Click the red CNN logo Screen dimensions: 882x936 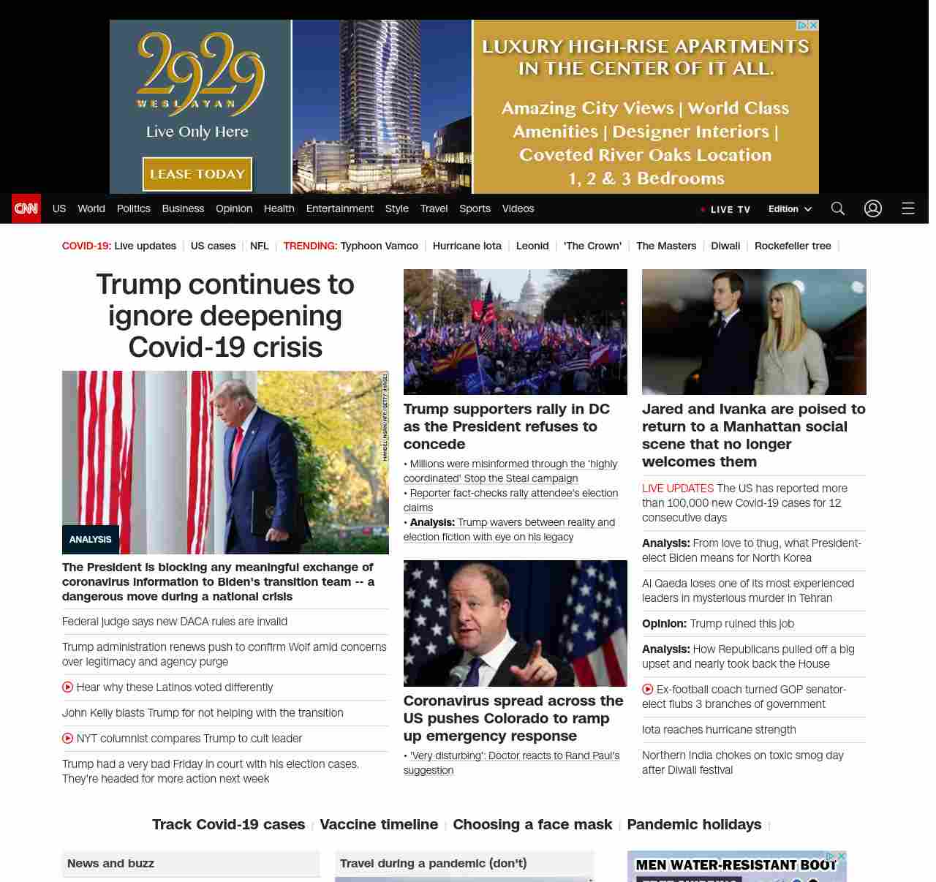click(26, 208)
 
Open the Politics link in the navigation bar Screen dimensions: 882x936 click(133, 208)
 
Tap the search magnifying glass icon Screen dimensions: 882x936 click(838, 208)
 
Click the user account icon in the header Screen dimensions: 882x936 click(873, 208)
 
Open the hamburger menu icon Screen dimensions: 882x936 click(908, 208)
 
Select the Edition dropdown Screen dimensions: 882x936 click(790, 209)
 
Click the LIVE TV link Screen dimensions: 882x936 click(726, 209)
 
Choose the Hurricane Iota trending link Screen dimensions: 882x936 click(467, 246)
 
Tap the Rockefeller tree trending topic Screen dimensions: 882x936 click(793, 246)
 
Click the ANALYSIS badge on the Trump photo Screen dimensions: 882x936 click(91, 540)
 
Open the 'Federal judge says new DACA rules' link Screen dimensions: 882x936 click(175, 622)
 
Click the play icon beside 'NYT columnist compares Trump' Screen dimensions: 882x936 click(68, 739)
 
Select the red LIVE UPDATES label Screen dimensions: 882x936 click(678, 489)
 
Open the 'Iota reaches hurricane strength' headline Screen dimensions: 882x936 click(719, 730)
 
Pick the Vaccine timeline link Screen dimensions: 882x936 click(379, 824)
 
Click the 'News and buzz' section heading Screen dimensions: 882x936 click(111, 864)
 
